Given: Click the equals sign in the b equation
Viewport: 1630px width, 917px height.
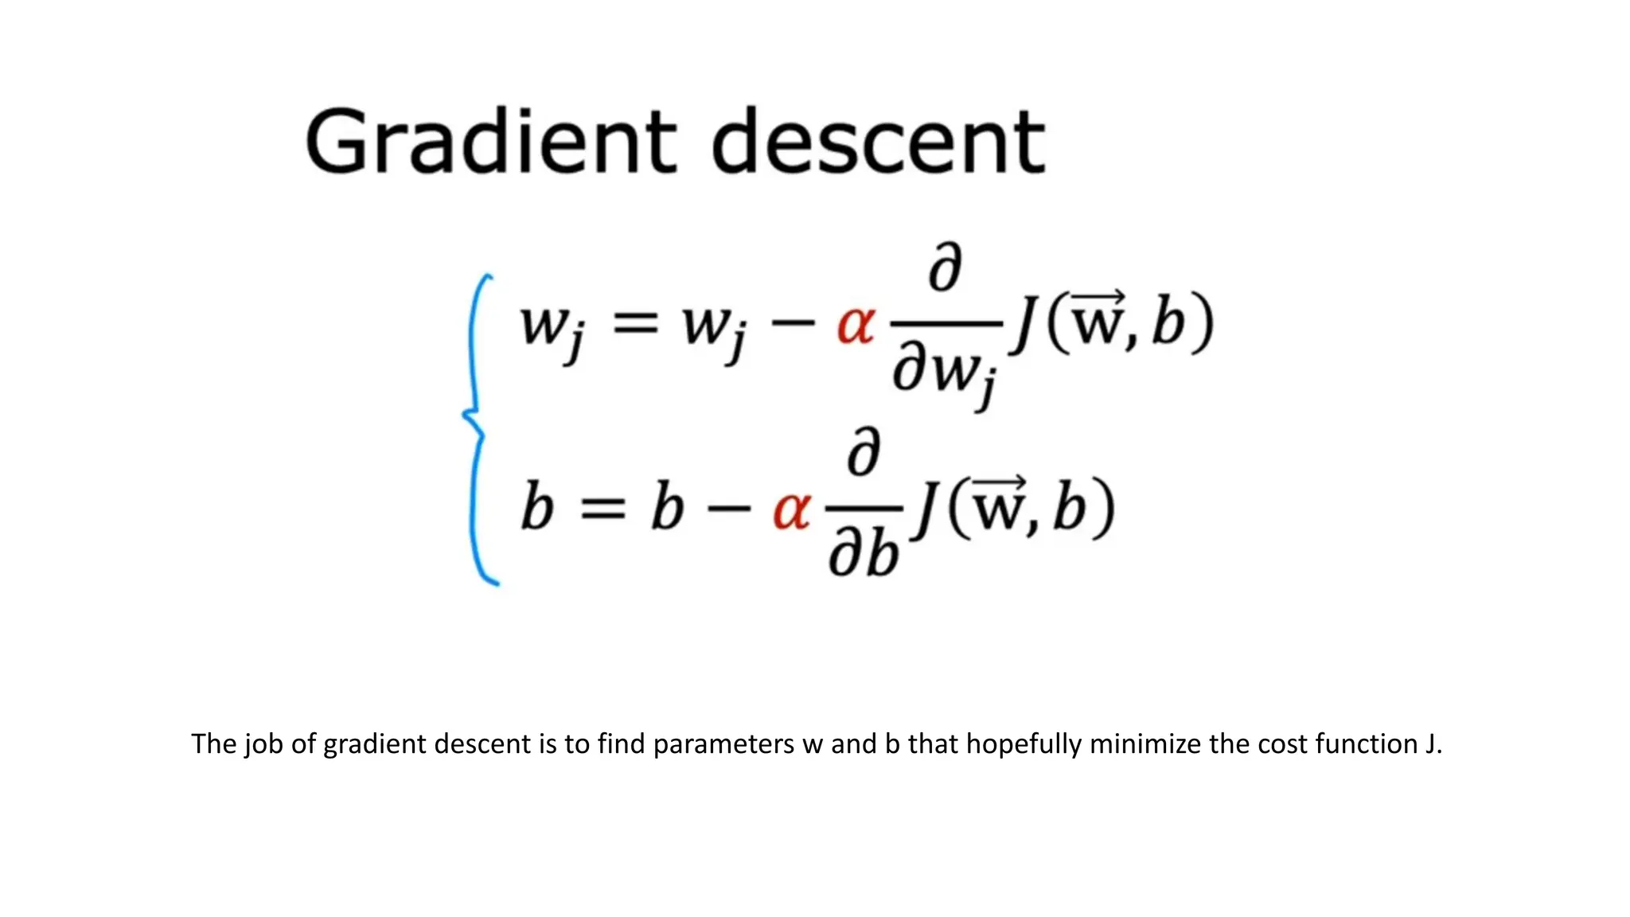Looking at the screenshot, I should (602, 509).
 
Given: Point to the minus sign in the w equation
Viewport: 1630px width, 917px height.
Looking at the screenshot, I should (793, 324).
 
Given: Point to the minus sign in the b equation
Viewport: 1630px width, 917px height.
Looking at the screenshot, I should (728, 508).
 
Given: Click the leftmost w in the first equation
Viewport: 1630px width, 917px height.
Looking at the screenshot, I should (544, 325).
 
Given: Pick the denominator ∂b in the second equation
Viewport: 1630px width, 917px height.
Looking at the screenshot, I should (864, 553).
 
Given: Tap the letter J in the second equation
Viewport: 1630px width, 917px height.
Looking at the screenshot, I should (927, 509).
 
